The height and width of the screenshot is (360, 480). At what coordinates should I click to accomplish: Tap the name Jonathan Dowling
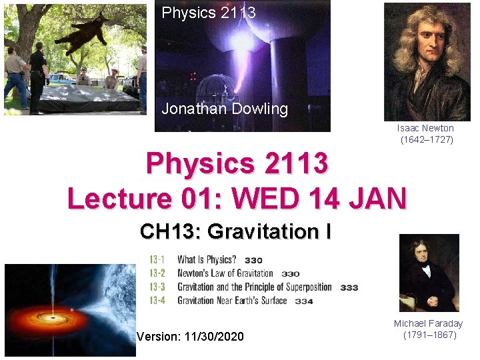[x=225, y=109]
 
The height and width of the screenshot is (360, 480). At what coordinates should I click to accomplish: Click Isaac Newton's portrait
[x=427, y=61]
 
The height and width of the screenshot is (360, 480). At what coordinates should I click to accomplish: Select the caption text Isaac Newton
[x=425, y=128]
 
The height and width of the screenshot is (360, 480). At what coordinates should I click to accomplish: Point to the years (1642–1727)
[x=427, y=139]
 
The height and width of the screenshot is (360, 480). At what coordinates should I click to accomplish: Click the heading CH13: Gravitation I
[x=236, y=231]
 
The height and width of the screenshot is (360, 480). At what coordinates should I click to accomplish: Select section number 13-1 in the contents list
[x=157, y=259]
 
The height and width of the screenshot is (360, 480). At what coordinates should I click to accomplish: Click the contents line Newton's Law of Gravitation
[x=225, y=273]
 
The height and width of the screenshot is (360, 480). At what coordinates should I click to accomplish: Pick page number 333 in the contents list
[x=349, y=287]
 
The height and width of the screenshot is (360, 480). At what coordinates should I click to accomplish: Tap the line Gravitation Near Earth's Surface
[x=232, y=301]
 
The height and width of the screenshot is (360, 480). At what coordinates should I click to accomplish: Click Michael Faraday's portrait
[x=429, y=273]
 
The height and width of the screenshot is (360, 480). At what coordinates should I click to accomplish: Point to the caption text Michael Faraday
[x=428, y=323]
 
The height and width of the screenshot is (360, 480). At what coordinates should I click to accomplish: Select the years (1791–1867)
[x=430, y=335]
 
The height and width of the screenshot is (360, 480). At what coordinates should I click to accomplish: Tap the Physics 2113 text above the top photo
[x=209, y=12]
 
